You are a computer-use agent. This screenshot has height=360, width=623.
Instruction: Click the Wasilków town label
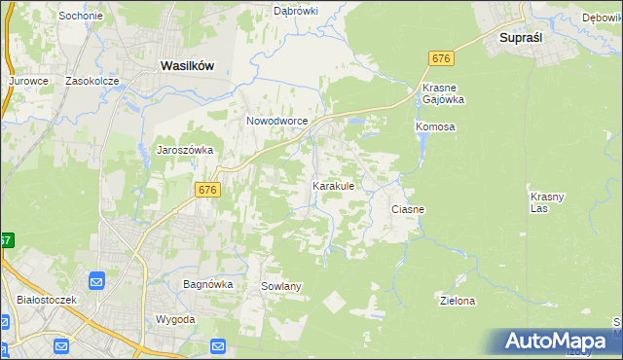[186, 65]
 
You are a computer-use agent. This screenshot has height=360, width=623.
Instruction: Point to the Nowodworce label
[277, 121]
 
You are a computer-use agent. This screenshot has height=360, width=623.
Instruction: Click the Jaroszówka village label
[184, 150]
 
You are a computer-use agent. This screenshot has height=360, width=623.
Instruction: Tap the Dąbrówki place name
[296, 11]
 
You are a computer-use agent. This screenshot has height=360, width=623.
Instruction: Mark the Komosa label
[435, 127]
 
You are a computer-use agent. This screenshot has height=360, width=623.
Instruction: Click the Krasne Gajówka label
[443, 94]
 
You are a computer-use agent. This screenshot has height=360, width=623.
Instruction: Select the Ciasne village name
[408, 209]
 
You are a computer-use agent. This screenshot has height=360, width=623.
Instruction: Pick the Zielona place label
[458, 301]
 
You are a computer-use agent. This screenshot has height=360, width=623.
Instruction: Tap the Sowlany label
[281, 286]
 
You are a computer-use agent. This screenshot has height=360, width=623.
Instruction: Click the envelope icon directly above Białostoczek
[97, 281]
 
